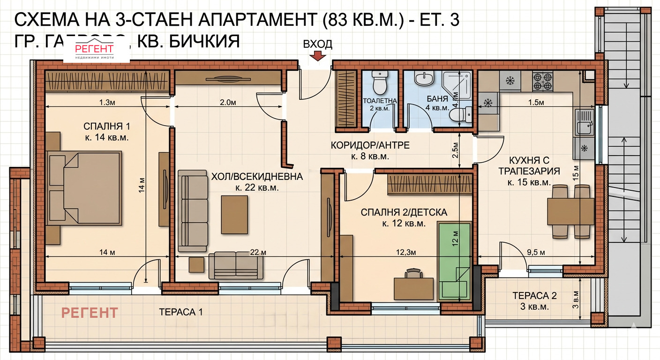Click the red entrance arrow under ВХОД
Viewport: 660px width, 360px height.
click(x=318, y=56)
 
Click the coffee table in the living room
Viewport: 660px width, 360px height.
click(x=234, y=214)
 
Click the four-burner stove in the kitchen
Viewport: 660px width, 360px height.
click(x=543, y=82)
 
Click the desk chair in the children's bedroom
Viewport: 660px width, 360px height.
click(x=413, y=273)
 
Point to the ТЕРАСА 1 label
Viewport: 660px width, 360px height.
click(x=180, y=312)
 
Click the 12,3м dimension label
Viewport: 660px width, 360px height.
click(x=406, y=253)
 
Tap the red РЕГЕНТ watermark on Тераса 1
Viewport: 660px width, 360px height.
click(x=90, y=312)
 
